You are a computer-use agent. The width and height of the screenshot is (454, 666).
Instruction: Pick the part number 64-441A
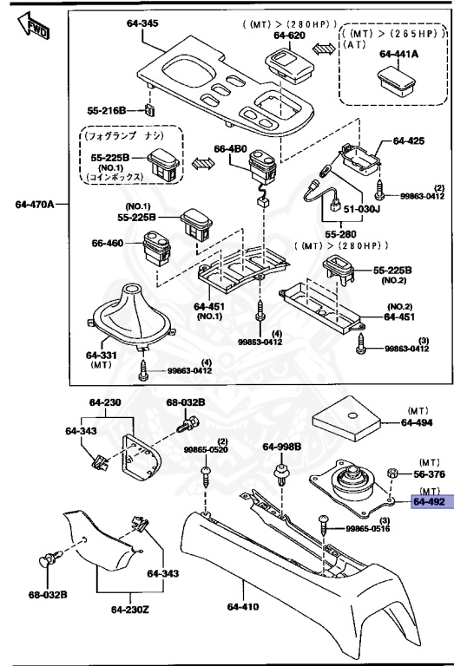pyautogui.click(x=398, y=54)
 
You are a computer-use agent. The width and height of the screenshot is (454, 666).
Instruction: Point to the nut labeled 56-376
pyautogui.click(x=391, y=474)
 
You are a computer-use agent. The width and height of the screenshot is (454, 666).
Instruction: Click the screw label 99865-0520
pyautogui.click(x=205, y=451)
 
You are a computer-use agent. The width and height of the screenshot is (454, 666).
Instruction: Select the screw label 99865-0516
pyautogui.click(x=366, y=528)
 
